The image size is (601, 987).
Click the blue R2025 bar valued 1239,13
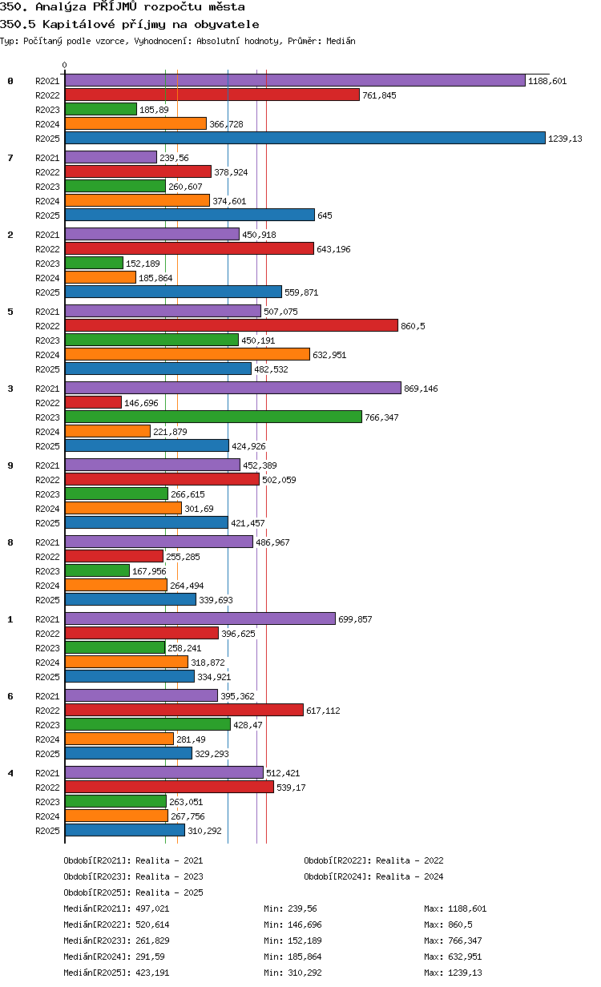[305, 139]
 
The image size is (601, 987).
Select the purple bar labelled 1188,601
[295, 81]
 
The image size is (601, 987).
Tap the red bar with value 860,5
[232, 325]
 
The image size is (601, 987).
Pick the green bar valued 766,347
[213, 417]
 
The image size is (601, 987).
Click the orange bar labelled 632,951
[188, 354]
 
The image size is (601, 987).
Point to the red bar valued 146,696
[93, 402]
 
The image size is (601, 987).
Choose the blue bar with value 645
[190, 215]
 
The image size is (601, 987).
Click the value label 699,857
[355, 619]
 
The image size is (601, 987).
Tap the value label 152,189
[143, 264]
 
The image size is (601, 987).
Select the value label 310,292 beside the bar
[204, 831]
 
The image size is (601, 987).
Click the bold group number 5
[10, 312]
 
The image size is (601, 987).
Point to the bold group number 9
[10, 465]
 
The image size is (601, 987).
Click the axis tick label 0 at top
[64, 65]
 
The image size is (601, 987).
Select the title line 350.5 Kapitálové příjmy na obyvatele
[130, 24]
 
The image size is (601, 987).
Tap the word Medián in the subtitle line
[341, 41]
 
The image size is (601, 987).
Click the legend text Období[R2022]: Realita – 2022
[373, 860]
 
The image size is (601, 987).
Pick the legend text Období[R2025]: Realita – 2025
[134, 892]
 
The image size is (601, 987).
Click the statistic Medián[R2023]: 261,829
[116, 941]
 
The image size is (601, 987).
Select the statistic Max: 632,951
[453, 957]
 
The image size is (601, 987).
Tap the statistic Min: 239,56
[290, 908]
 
